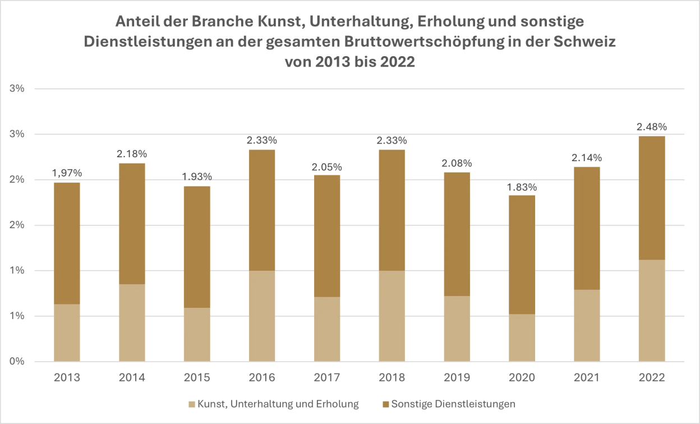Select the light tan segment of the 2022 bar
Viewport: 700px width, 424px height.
[x=652, y=310]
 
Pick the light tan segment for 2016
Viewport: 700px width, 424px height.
[x=262, y=316]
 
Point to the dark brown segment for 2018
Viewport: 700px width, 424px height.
[x=392, y=210]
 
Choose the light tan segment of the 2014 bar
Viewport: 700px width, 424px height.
[x=132, y=322]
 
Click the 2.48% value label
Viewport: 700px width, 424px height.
[x=652, y=126]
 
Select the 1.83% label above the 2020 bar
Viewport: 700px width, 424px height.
[x=522, y=186]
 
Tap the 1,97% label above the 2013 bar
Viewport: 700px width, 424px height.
[x=67, y=173]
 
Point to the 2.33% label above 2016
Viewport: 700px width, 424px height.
[x=262, y=140]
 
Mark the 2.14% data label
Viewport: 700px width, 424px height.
[x=587, y=157]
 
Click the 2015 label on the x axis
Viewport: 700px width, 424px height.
[x=197, y=377]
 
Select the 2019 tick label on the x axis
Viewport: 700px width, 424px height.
[x=457, y=377]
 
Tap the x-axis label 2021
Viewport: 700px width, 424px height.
[x=587, y=377]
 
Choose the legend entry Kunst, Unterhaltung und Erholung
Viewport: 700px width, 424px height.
[x=274, y=404]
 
